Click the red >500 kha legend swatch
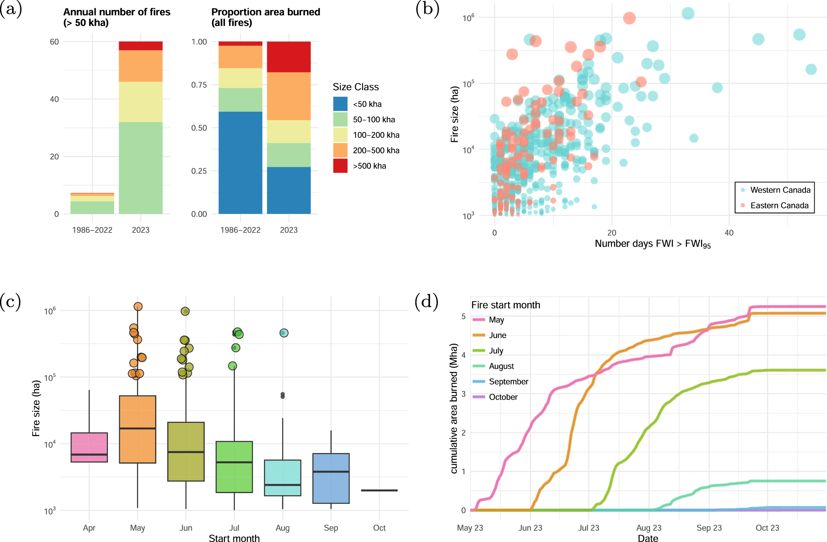[340, 166]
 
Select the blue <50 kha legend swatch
[340, 104]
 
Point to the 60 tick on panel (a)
[54, 42]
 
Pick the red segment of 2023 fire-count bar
[141, 46]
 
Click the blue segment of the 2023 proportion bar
[289, 190]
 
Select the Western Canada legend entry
[780, 190]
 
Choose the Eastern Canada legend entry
[779, 206]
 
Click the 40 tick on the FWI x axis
[729, 233]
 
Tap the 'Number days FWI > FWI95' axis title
[653, 244]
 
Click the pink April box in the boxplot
[89, 447]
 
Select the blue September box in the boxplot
[331, 478]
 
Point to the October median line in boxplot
[379, 490]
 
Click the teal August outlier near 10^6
[284, 333]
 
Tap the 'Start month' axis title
[234, 538]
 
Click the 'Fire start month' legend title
[506, 305]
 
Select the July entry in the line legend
[496, 351]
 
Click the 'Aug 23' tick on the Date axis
[649, 528]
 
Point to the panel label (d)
[426, 301]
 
